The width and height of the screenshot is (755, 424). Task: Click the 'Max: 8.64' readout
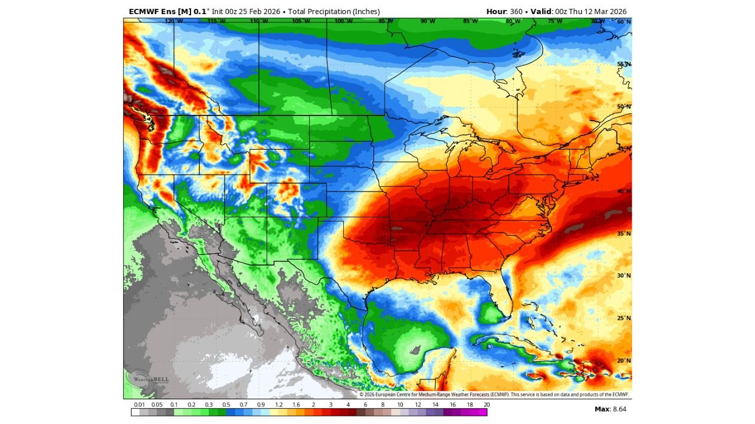(610, 408)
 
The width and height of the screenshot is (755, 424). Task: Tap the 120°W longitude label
(173, 21)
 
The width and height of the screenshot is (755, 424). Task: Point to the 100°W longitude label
(343, 21)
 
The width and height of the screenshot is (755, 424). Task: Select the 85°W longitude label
(470, 21)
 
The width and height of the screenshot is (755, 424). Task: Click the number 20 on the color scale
(486, 405)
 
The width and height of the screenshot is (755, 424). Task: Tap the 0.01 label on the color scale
(140, 405)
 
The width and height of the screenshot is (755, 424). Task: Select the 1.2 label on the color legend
(278, 405)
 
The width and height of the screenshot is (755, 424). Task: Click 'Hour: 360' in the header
(504, 11)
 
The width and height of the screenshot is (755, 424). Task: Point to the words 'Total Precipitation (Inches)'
(334, 11)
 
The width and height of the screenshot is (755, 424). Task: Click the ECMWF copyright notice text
(494, 395)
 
